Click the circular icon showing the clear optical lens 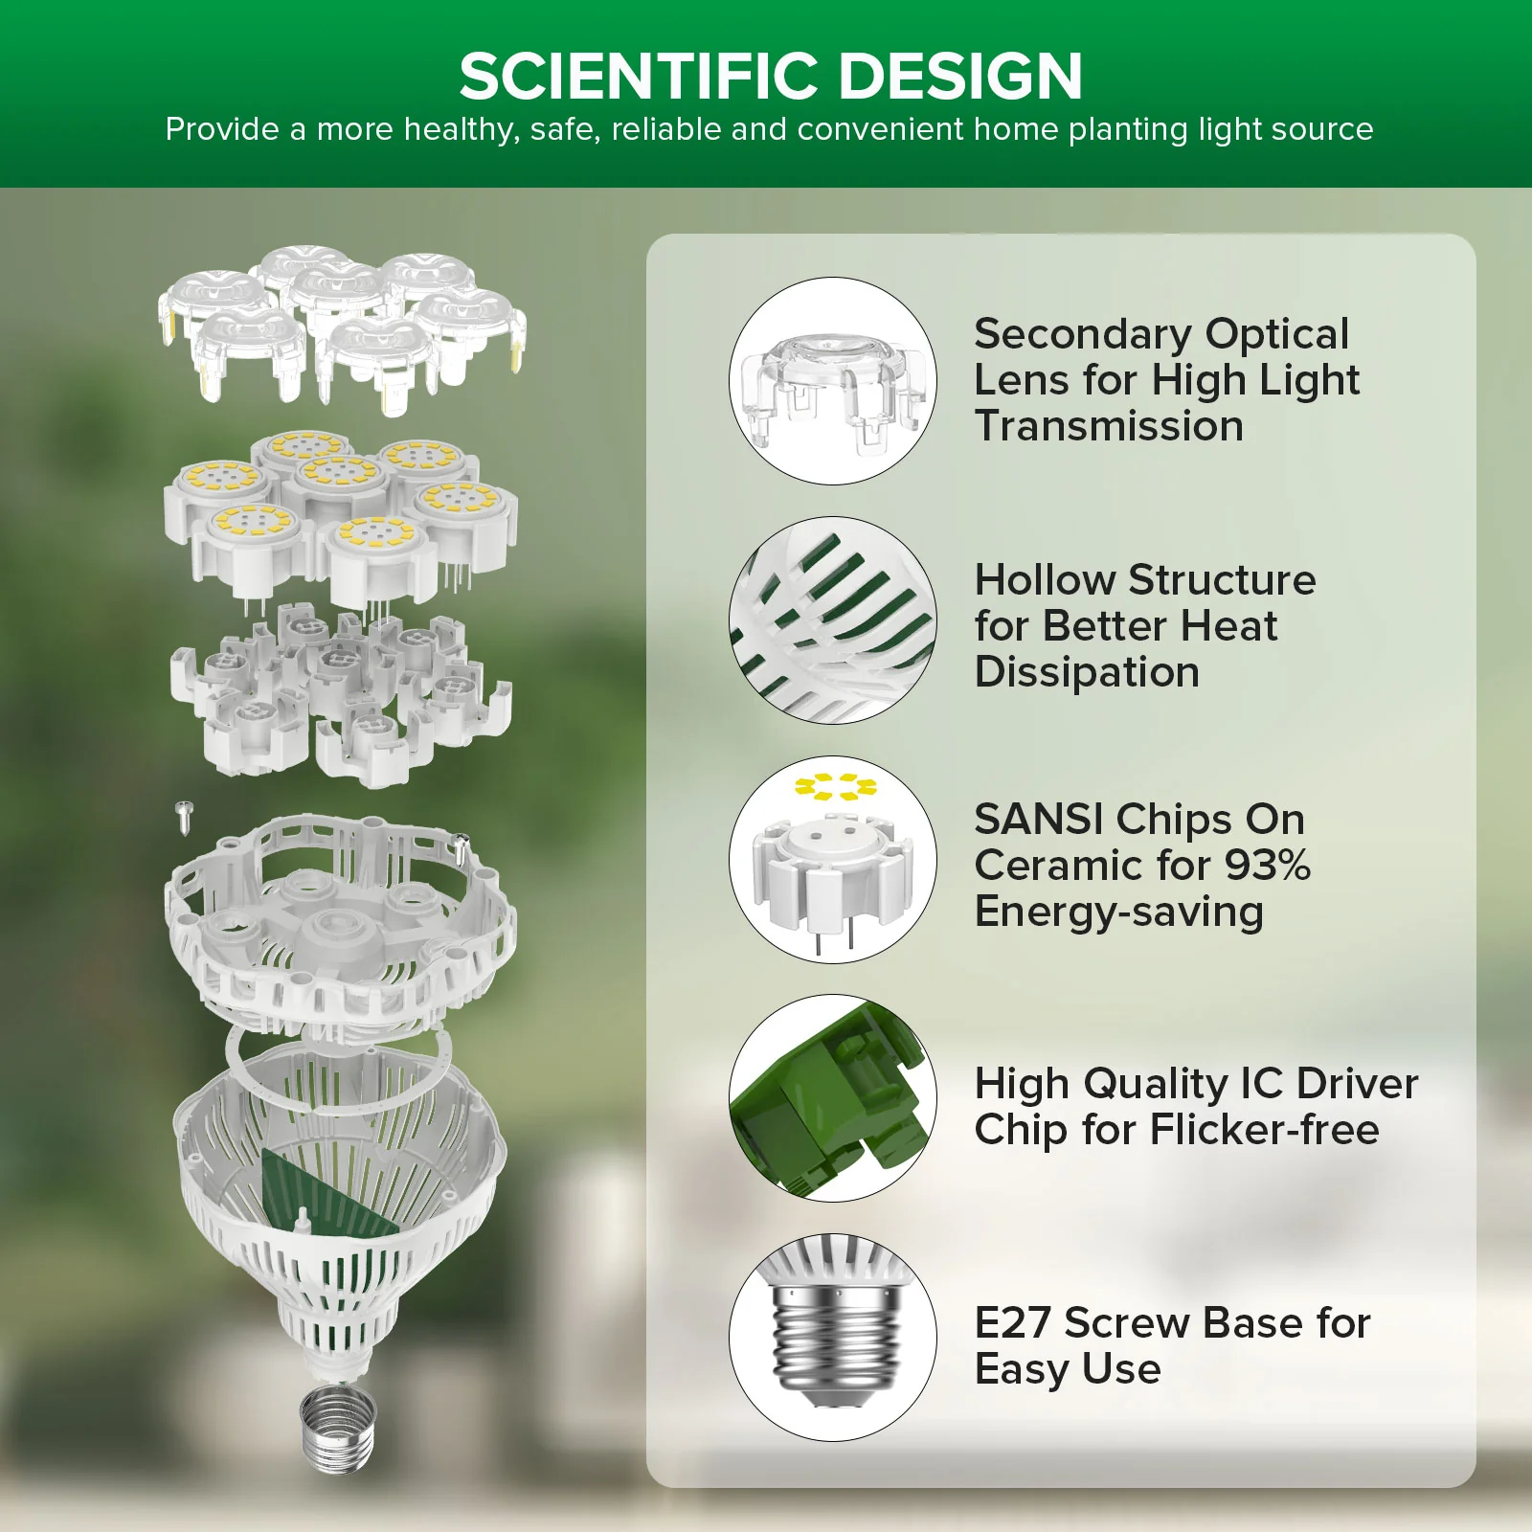(x=832, y=381)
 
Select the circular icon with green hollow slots (x=832, y=620)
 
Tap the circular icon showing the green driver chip (x=832, y=1098)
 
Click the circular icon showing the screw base (x=832, y=1337)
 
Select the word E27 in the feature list (x=1013, y=1323)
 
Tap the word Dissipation (x=1087, y=672)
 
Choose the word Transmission (x=1109, y=426)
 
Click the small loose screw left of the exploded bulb (x=185, y=815)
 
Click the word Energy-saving (x=1118, y=912)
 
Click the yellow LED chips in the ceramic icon (x=835, y=787)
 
